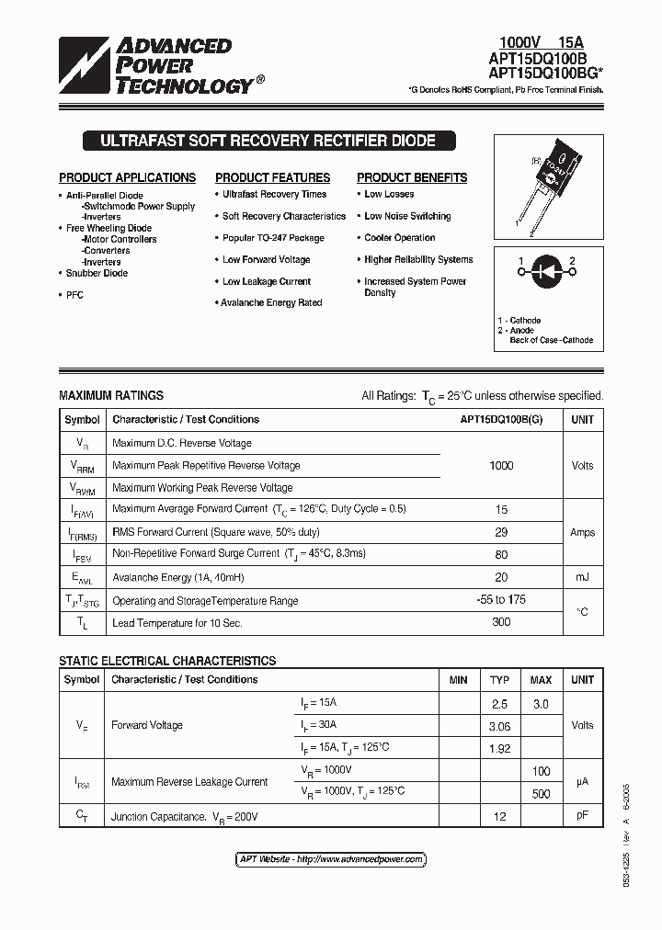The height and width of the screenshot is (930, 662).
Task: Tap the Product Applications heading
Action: (x=127, y=177)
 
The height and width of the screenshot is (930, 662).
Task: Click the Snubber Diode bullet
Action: (x=97, y=273)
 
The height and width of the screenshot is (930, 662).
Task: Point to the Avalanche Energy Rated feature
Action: (x=271, y=302)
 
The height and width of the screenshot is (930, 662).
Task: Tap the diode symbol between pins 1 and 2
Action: (x=547, y=273)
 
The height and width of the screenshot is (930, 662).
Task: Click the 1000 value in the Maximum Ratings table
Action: (x=501, y=466)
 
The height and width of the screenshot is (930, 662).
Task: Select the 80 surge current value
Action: (x=501, y=554)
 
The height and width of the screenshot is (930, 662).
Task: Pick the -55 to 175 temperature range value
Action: (x=501, y=600)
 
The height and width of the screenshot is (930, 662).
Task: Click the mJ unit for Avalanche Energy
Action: (x=582, y=577)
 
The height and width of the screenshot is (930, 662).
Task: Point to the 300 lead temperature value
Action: (x=501, y=623)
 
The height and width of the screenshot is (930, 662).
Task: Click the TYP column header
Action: (x=499, y=680)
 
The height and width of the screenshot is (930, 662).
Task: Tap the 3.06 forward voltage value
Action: (x=499, y=726)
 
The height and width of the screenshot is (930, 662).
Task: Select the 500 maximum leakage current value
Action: (x=541, y=793)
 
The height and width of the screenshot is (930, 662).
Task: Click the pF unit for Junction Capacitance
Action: (x=582, y=815)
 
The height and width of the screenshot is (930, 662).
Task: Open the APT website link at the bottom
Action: (x=331, y=859)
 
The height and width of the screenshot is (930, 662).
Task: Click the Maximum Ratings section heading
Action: (x=111, y=395)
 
